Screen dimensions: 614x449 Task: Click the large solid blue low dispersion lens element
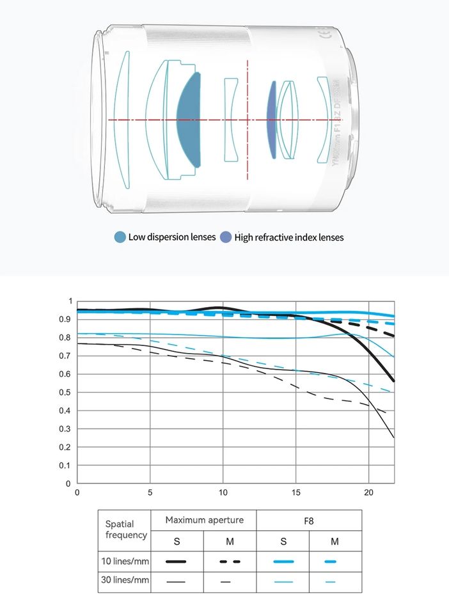[189, 120]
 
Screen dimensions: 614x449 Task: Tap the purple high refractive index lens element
[272, 120]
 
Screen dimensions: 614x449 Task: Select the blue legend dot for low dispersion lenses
[120, 237]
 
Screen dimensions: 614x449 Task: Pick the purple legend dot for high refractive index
[225, 237]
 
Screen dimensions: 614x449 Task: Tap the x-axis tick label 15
[295, 493]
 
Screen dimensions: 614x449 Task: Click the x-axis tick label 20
[368, 493]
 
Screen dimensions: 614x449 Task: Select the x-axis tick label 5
[150, 493]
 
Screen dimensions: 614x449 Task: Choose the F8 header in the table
[308, 521]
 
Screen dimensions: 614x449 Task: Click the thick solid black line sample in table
[176, 561]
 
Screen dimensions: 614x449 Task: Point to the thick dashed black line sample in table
[230, 561]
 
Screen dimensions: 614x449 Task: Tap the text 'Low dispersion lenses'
[172, 237]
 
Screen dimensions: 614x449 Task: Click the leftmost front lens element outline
[123, 120]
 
